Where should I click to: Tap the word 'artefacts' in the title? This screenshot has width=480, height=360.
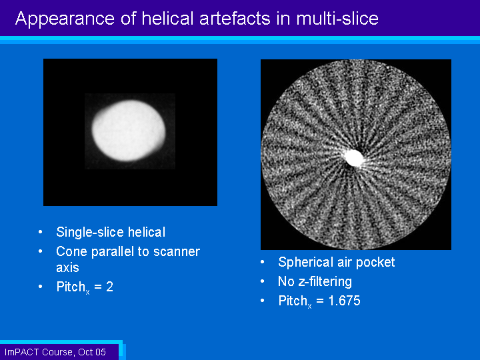235,19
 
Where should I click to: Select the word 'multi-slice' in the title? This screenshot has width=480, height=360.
337,19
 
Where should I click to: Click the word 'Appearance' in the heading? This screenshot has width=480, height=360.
65,19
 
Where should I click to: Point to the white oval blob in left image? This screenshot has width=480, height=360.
129,131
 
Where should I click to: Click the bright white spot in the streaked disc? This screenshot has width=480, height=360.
353,158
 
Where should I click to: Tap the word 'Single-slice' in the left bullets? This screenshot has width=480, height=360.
90,233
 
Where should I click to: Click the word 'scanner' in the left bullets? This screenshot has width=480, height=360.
177,252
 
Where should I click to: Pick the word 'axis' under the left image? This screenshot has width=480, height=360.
67,268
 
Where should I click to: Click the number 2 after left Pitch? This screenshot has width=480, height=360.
109,287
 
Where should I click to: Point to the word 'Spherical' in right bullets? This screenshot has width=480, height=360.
305,263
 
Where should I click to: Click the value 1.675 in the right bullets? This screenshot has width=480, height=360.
345,301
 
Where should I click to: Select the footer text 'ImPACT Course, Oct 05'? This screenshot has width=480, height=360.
55,353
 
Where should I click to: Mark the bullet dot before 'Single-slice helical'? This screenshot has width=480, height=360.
41,233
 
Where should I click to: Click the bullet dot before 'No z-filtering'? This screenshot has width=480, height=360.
263,281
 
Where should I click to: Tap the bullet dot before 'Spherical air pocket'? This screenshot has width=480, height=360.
263,263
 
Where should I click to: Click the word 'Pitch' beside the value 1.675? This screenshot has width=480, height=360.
293,301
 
